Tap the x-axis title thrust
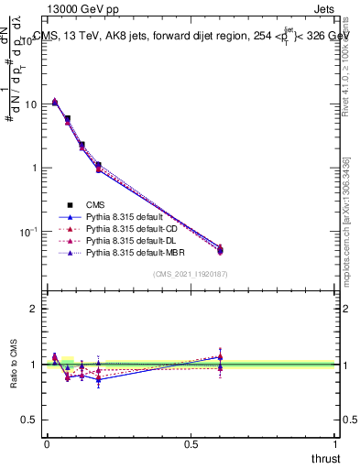pyautogui.click(x=326, y=456)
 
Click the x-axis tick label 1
pyautogui.click(x=335, y=444)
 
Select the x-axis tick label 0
pyautogui.click(x=46, y=444)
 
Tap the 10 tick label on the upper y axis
pyautogui.click(x=30, y=104)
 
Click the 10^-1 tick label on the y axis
pyautogui.click(x=27, y=232)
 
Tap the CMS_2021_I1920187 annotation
pyautogui.click(x=191, y=274)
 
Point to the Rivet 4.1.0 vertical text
pyautogui.click(x=345, y=64)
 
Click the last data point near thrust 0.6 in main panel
pyautogui.click(x=220, y=249)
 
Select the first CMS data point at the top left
pyautogui.click(x=54, y=102)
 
